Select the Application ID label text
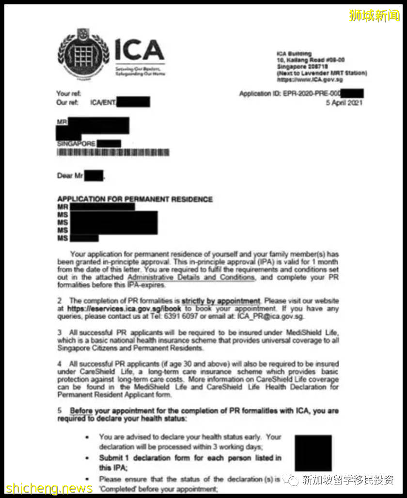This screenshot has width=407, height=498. (261, 93)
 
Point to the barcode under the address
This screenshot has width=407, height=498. (113, 153)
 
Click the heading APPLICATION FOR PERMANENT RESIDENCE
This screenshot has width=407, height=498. (135, 199)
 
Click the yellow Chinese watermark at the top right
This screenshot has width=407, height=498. (374, 16)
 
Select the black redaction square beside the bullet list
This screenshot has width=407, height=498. (313, 453)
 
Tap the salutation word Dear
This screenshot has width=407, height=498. (65, 176)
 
